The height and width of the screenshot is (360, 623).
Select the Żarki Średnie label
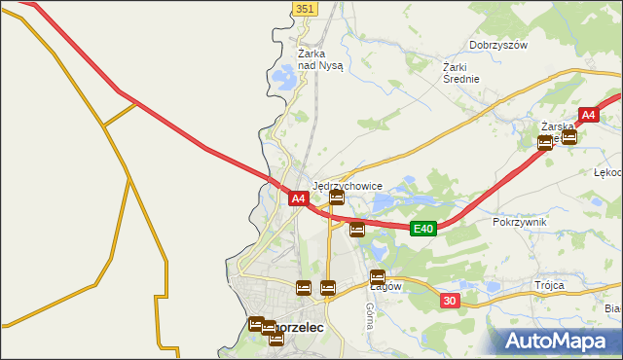pos(461,73)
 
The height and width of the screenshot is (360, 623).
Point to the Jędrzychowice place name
pos(353,185)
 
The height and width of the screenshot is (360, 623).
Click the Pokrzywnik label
pos(520,222)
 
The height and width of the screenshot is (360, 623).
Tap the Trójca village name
pos(549,285)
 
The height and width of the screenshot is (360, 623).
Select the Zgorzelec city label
pos(298,329)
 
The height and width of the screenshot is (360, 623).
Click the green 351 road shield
pos(305,8)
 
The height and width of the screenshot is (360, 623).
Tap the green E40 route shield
pos(421,228)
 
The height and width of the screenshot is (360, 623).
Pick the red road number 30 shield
pos(449,301)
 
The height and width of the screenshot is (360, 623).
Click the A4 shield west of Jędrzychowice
pos(300,198)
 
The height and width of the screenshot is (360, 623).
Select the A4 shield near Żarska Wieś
pos(587,116)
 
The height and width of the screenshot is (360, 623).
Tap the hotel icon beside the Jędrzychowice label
pos(336,198)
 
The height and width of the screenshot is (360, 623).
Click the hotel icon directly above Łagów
pos(377,276)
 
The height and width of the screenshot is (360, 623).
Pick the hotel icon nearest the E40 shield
pos(357,230)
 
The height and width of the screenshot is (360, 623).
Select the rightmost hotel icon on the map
pos(569,137)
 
